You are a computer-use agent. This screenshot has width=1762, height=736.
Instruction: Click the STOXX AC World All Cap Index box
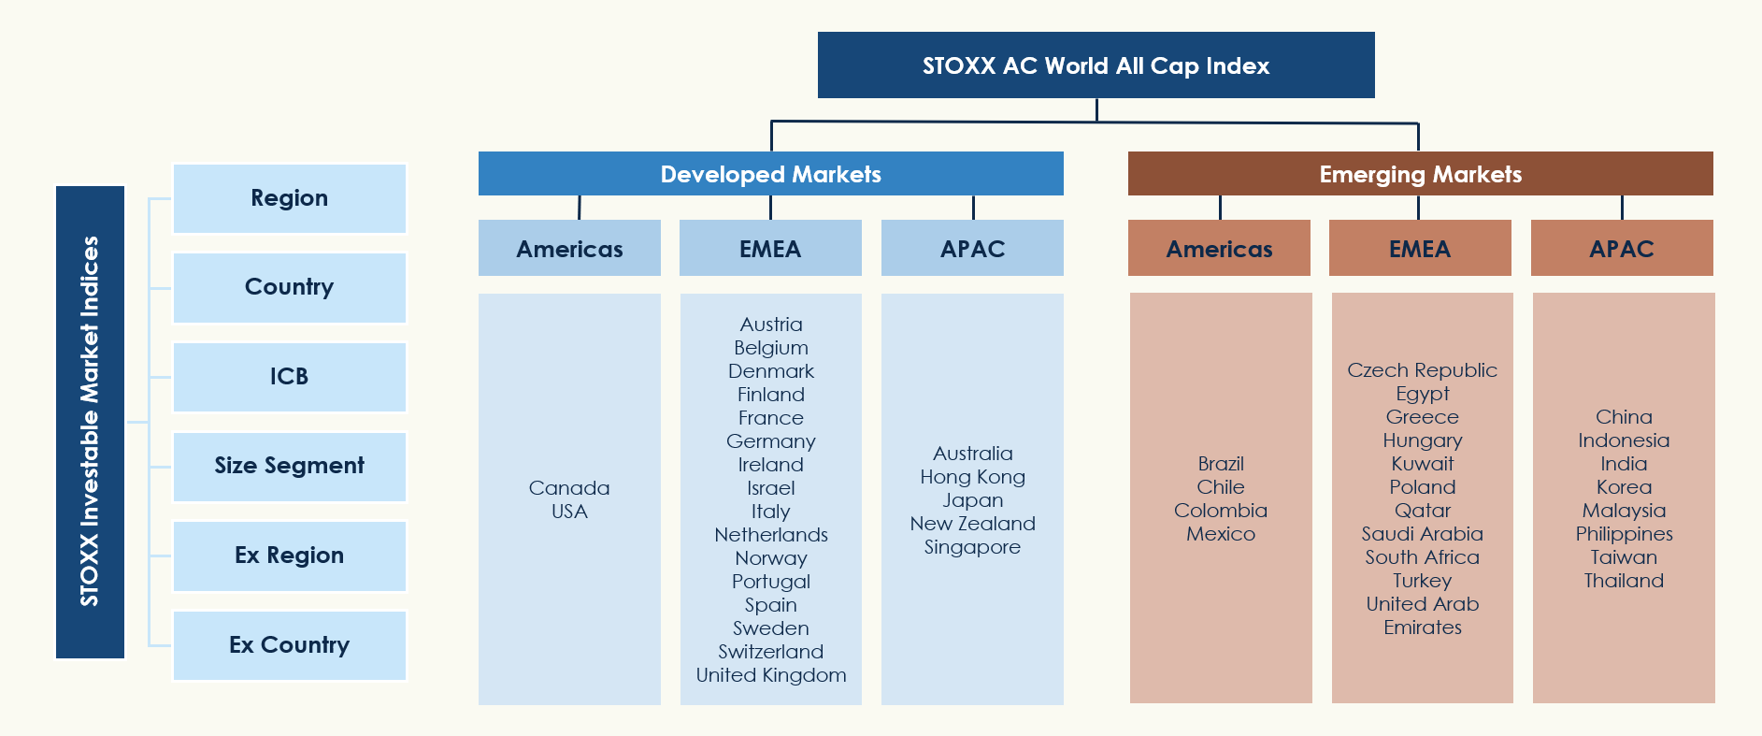tap(1096, 65)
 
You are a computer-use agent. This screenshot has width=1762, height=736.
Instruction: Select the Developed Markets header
tap(771, 174)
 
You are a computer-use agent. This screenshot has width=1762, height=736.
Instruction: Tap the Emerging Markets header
tap(1420, 174)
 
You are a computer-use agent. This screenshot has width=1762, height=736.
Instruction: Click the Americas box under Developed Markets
tap(569, 248)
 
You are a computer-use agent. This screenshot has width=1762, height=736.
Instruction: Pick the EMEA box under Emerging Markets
tap(1420, 248)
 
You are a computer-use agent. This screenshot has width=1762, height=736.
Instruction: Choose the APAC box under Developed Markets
tap(972, 248)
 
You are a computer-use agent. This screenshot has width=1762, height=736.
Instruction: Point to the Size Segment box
tap(290, 466)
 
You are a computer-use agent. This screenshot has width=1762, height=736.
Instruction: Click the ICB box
tap(290, 377)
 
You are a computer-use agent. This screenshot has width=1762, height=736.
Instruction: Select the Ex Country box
tap(290, 645)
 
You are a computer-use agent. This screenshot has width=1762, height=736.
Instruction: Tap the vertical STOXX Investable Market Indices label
tap(90, 422)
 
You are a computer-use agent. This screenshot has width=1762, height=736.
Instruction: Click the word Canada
tap(569, 488)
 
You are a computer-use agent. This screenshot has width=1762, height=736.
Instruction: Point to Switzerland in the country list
tap(771, 652)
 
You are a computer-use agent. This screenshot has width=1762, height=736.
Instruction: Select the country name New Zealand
tap(973, 524)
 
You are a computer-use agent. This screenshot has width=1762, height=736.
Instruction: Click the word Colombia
tap(1221, 511)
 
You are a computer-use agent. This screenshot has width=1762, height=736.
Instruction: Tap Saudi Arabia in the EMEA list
tap(1423, 534)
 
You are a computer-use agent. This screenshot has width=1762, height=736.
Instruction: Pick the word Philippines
tap(1625, 534)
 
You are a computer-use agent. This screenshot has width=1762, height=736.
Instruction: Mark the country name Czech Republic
tap(1423, 370)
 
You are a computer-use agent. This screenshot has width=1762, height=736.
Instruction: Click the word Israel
tap(771, 488)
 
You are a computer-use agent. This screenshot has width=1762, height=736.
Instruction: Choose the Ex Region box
tap(290, 556)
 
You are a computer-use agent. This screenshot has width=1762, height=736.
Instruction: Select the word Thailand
tap(1625, 581)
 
